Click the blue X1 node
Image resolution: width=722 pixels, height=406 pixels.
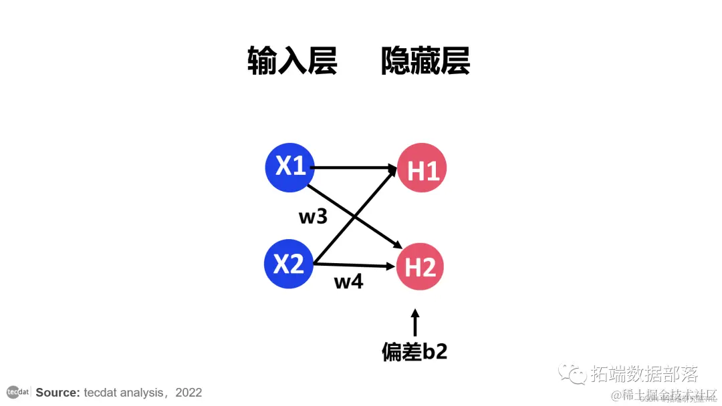coord(289,167)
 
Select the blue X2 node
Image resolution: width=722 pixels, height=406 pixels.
coord(289,264)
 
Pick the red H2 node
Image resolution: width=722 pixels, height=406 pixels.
coord(420,266)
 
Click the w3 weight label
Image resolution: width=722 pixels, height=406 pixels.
coord(312,216)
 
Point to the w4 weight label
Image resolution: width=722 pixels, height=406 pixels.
coord(348,282)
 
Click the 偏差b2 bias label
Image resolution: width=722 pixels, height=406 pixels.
coord(414,351)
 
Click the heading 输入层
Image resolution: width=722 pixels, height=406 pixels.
coord(292,61)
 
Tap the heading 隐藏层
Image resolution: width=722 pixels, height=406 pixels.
coord(426,61)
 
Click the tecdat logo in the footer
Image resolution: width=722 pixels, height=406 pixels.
coord(17,392)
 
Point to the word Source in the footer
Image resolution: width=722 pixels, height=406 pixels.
coord(57,393)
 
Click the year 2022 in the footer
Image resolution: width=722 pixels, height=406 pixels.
coord(189,393)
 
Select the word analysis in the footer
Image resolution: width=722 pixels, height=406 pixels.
coord(140,393)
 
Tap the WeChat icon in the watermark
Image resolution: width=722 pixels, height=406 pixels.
coord(573,373)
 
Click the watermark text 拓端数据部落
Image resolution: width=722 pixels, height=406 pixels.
coord(644,373)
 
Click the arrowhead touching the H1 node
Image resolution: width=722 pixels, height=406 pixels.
coord(394,168)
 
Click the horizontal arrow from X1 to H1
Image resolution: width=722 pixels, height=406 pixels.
coord(351,168)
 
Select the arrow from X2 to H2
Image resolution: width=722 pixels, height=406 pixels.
coord(354,266)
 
